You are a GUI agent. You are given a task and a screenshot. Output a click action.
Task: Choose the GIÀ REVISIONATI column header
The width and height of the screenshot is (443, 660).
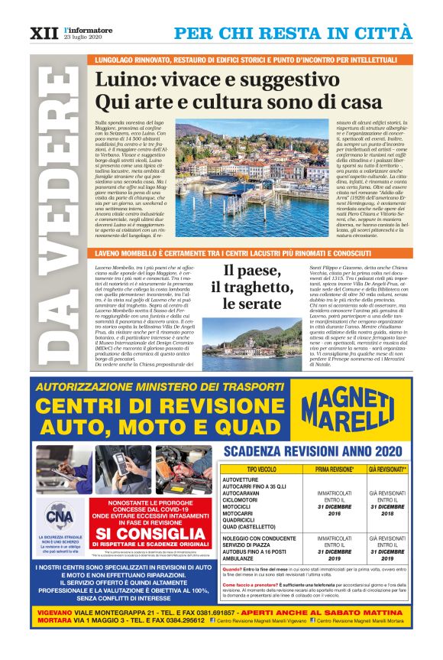387,469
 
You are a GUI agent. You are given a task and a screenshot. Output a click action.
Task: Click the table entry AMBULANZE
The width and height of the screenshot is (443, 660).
238,559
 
